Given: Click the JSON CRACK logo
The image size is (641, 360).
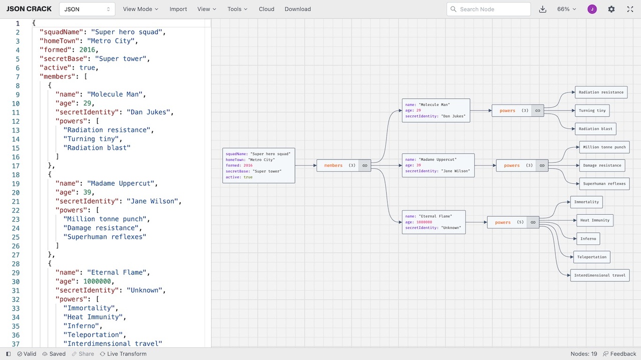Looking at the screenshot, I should (x=29, y=9).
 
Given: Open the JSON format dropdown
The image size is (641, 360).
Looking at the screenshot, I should (x=87, y=9).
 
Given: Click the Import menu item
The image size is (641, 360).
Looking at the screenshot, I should (x=178, y=9).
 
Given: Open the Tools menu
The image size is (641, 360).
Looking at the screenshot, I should (x=237, y=9).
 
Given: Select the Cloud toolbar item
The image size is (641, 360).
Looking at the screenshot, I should (x=266, y=9).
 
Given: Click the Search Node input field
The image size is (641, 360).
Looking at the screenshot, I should (x=488, y=9).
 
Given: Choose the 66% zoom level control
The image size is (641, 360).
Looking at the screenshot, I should (x=566, y=9).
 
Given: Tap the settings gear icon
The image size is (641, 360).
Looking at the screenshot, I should (x=611, y=9).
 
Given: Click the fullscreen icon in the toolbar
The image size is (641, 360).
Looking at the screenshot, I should (x=630, y=9).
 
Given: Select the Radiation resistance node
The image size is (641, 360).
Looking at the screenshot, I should (x=601, y=92).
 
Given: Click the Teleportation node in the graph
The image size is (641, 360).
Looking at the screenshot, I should (x=591, y=257).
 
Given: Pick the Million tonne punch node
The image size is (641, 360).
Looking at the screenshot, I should (x=604, y=147).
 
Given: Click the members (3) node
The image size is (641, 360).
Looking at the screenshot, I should (x=338, y=165).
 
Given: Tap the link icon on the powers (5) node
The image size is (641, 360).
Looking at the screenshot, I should (x=533, y=222).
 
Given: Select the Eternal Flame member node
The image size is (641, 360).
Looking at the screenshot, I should (x=434, y=222).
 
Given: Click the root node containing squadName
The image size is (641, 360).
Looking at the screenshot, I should (x=258, y=165).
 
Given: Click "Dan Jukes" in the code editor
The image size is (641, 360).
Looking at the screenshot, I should (x=149, y=112).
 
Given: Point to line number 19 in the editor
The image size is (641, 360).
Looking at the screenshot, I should (x=16, y=183).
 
